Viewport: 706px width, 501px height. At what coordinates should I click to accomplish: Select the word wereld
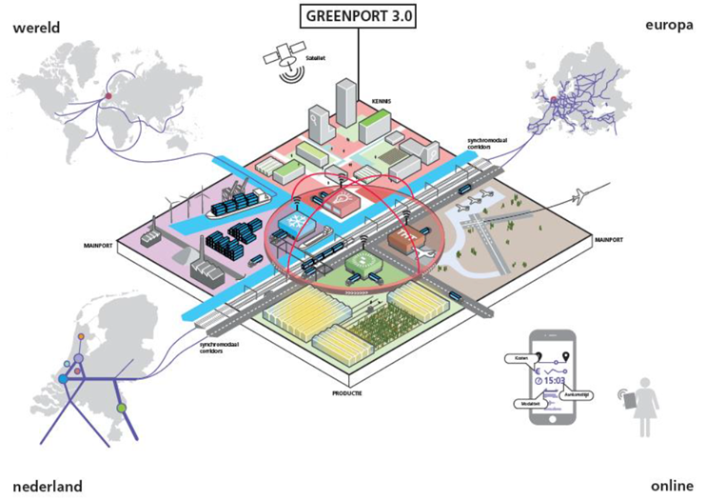35,28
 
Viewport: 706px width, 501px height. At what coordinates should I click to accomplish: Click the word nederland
47,485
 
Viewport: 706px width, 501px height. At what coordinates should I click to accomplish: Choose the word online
672,485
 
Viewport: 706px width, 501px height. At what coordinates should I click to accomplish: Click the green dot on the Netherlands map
121,409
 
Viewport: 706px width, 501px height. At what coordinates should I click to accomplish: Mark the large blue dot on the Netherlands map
63,379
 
